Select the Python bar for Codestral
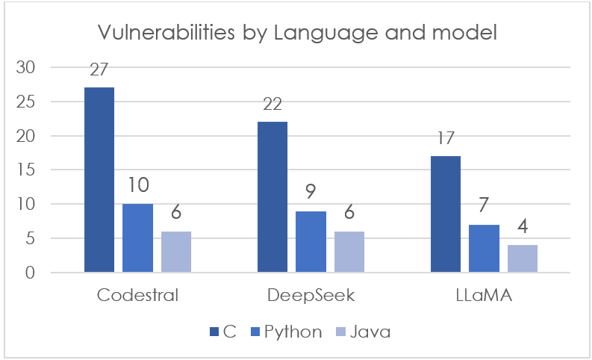(x=137, y=238)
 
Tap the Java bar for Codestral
(x=176, y=252)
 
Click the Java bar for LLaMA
(x=523, y=258)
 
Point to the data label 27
(x=99, y=70)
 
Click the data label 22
(x=272, y=105)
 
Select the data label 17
(x=446, y=139)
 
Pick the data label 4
(x=523, y=228)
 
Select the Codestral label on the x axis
(x=138, y=295)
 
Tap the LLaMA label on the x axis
(x=484, y=295)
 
